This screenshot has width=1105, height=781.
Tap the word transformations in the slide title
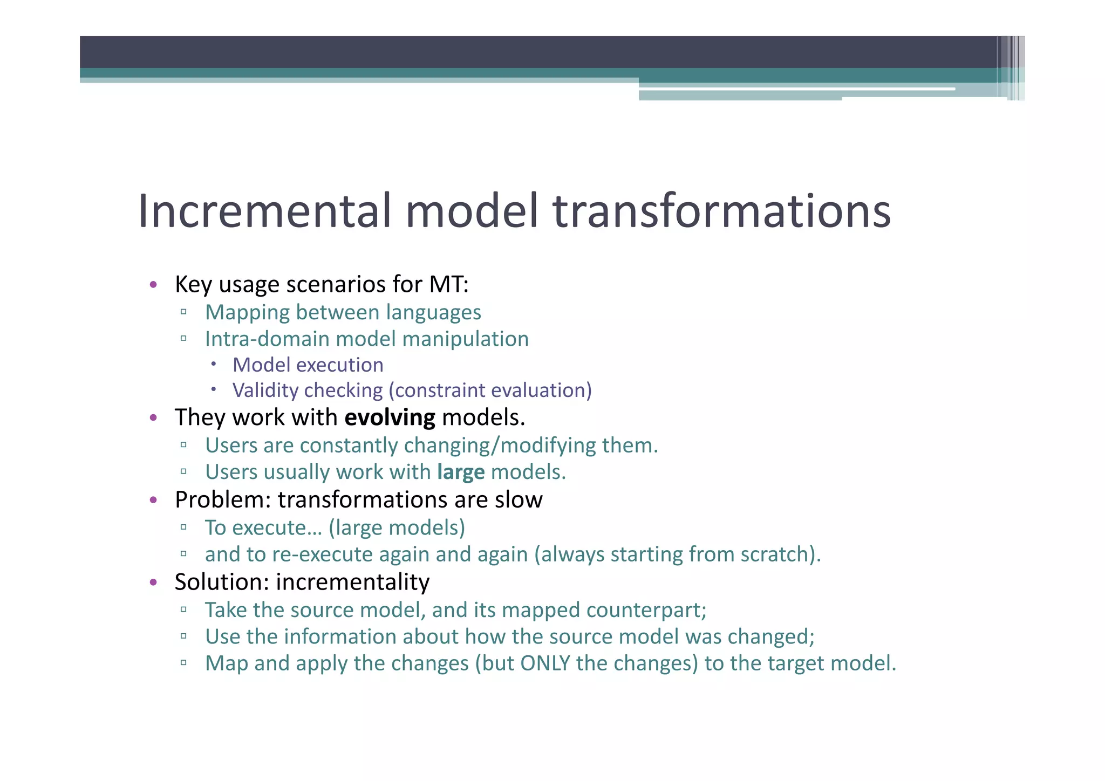point(721,211)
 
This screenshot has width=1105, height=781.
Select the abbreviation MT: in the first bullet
point(449,284)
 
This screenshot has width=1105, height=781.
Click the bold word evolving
point(390,418)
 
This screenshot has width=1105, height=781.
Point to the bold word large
point(461,472)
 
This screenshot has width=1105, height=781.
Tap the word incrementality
point(353,582)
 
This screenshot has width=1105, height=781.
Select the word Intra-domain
point(267,339)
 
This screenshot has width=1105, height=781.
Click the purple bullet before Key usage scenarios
point(154,285)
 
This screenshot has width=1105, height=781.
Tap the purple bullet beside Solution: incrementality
point(154,583)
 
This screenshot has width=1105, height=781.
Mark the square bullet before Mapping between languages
point(184,312)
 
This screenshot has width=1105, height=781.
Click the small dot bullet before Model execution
point(214,365)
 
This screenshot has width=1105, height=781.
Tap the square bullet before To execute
point(184,527)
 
